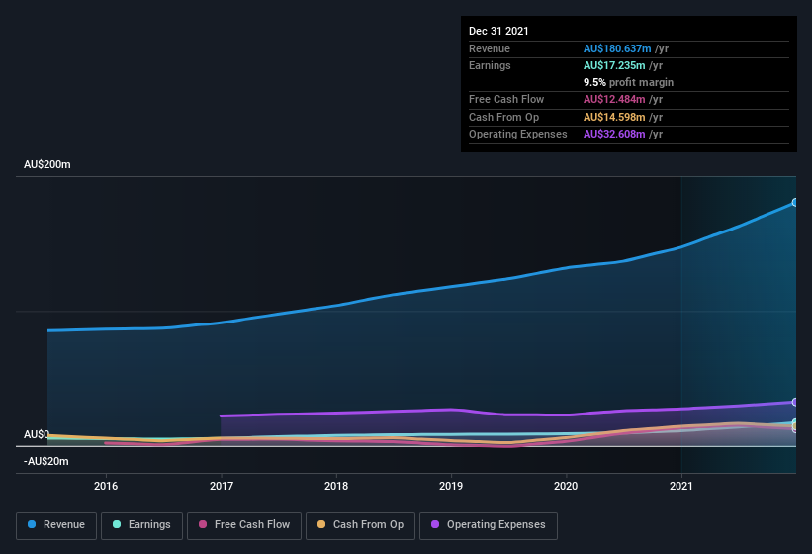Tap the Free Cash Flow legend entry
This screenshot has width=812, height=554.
[x=244, y=525]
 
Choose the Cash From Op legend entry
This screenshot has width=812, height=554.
[x=359, y=525]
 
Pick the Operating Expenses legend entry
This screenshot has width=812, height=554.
[x=488, y=525]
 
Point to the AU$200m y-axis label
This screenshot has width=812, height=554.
[x=47, y=164]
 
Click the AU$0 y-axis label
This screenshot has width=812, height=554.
[x=37, y=434]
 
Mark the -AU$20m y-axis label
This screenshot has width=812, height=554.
[x=46, y=461]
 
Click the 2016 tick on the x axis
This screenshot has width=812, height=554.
[x=106, y=486]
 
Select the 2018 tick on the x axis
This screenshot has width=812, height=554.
[x=336, y=486]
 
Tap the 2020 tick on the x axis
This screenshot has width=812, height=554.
[x=566, y=486]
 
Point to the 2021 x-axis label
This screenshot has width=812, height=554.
[x=681, y=486]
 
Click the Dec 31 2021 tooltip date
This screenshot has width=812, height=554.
[x=498, y=31]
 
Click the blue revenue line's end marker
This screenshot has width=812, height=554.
[x=795, y=202]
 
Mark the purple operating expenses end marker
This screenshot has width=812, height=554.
[x=795, y=402]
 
